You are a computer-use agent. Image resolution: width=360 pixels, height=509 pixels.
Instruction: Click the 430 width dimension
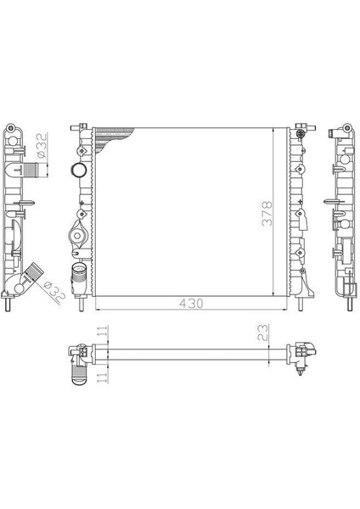point(191,304)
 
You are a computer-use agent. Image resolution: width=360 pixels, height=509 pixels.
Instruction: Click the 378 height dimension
point(267,213)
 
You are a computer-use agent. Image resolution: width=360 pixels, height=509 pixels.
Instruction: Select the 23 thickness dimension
point(263,333)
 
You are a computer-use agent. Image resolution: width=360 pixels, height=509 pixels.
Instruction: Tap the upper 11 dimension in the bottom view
point(103,332)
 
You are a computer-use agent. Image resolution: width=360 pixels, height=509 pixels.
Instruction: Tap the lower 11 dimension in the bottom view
point(103,377)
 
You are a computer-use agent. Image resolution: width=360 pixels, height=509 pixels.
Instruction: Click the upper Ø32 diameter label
point(42,145)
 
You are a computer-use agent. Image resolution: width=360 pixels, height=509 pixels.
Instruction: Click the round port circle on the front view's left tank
point(78,171)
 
